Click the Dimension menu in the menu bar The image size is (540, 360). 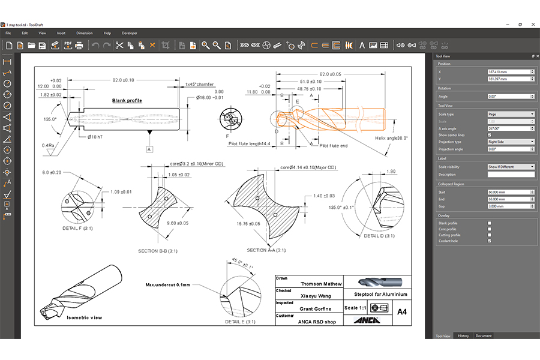click(x=84, y=33)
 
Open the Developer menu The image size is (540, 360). click(x=130, y=33)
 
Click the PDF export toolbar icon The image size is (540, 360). click(x=67, y=45)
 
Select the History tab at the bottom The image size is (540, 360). click(x=463, y=336)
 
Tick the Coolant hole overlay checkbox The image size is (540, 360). click(x=490, y=241)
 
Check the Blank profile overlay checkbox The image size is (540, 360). click(x=490, y=223)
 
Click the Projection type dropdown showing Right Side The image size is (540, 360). click(x=511, y=142)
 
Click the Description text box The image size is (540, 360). click(x=511, y=175)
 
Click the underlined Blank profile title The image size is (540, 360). click(x=131, y=100)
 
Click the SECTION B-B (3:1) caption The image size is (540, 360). click(x=158, y=251)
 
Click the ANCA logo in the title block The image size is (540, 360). click(x=367, y=320)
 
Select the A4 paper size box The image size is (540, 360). click(x=401, y=311)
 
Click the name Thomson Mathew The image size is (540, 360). click(x=321, y=284)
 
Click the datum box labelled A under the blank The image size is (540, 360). click(x=149, y=148)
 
